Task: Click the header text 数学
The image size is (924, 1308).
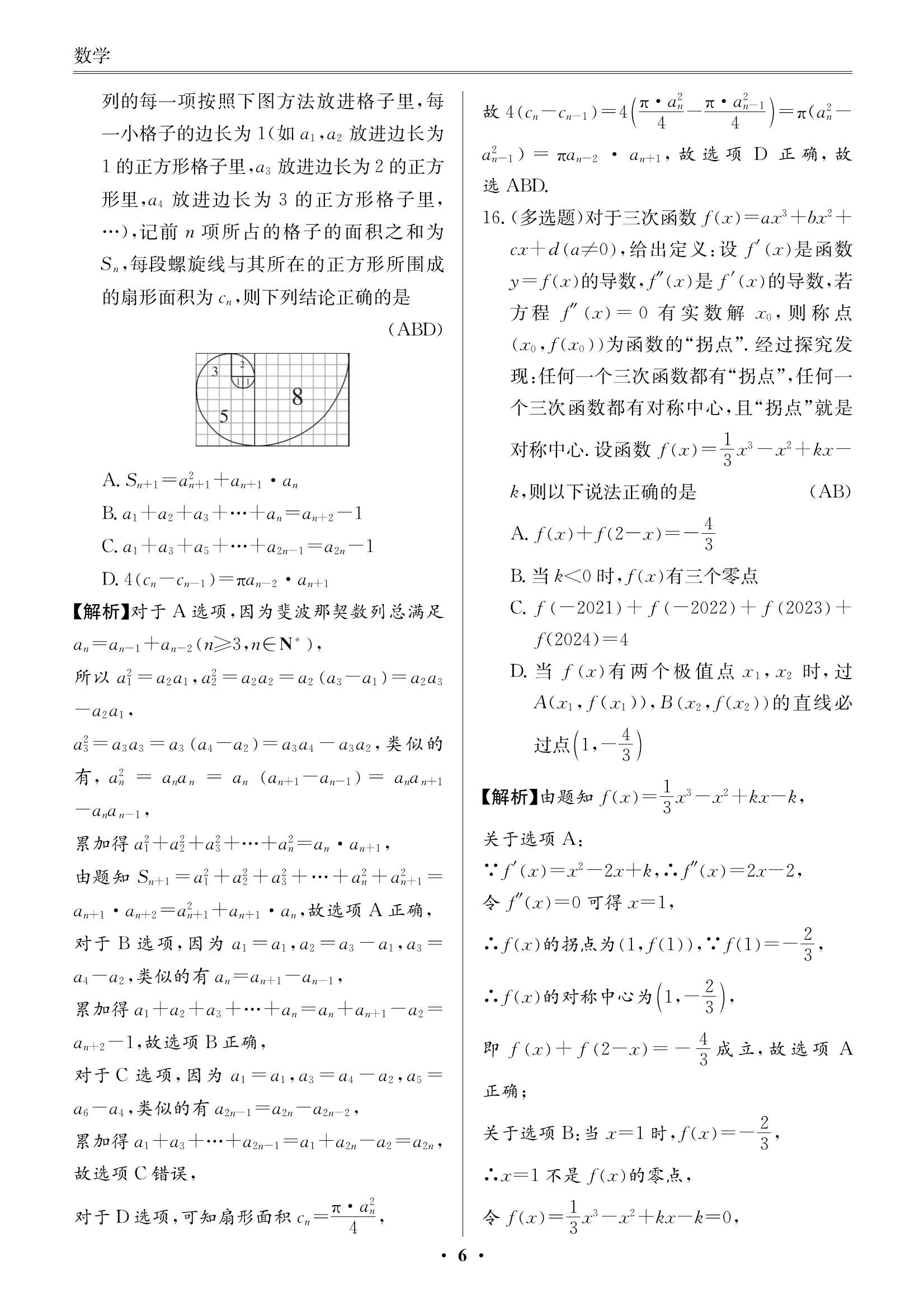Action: pyautogui.click(x=92, y=56)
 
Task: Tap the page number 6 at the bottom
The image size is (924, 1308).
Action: pyautogui.click(x=462, y=1272)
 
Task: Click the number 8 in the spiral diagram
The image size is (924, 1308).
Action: pyautogui.click(x=298, y=397)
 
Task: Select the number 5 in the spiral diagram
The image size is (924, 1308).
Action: pyautogui.click(x=224, y=416)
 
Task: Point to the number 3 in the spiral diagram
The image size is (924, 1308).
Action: pyautogui.click(x=215, y=372)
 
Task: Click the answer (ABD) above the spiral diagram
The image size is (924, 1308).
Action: pyautogui.click(x=415, y=330)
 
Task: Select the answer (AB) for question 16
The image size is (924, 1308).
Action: pyautogui.click(x=830, y=492)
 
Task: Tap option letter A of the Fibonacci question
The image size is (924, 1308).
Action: pyautogui.click(x=109, y=481)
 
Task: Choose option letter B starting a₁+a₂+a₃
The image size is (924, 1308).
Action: pyautogui.click(x=109, y=514)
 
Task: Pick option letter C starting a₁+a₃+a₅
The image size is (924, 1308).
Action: pyautogui.click(x=109, y=547)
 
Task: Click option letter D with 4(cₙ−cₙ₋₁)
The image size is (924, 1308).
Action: pyautogui.click(x=109, y=580)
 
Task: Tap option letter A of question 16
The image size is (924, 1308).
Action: pyautogui.click(x=517, y=534)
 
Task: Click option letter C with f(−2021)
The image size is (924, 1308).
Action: pyautogui.click(x=517, y=608)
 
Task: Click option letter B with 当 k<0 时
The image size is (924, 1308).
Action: pyautogui.click(x=517, y=576)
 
